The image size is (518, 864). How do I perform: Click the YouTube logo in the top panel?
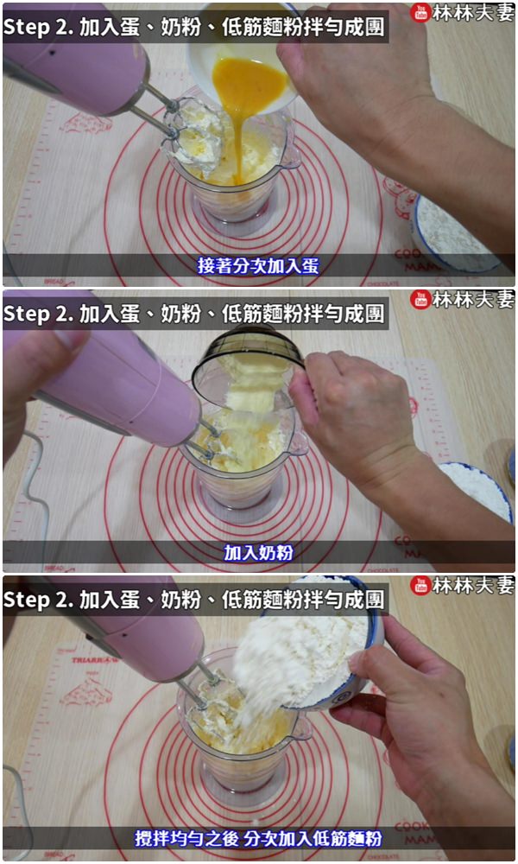tap(420, 12)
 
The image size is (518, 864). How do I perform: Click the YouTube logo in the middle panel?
tap(420, 299)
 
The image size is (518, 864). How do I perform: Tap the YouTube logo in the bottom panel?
tap(420, 585)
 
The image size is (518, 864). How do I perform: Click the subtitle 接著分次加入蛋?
tap(258, 266)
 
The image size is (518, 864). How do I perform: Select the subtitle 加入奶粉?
tap(258, 553)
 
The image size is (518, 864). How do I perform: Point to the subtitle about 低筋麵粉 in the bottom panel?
tap(258, 839)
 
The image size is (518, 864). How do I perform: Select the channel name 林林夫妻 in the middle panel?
tap(472, 299)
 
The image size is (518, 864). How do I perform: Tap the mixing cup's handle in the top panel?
tap(292, 156)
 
